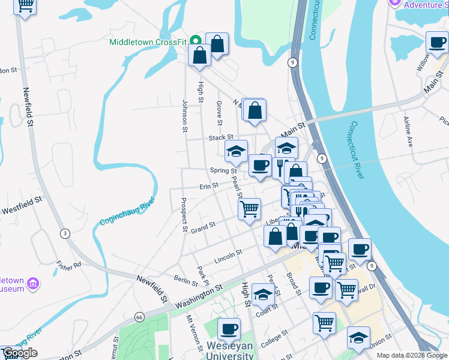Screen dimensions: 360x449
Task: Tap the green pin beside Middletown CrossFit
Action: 195,41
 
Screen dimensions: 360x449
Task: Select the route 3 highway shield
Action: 64,233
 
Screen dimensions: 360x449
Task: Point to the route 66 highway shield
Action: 139,316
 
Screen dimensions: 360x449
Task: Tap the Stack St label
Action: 220,137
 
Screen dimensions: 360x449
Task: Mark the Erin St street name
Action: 208,186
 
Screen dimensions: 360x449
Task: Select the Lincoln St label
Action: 228,254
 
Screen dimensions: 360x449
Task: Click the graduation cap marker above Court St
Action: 262,294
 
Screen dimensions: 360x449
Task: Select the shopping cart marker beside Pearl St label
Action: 249,209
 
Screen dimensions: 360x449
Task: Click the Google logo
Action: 20,353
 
